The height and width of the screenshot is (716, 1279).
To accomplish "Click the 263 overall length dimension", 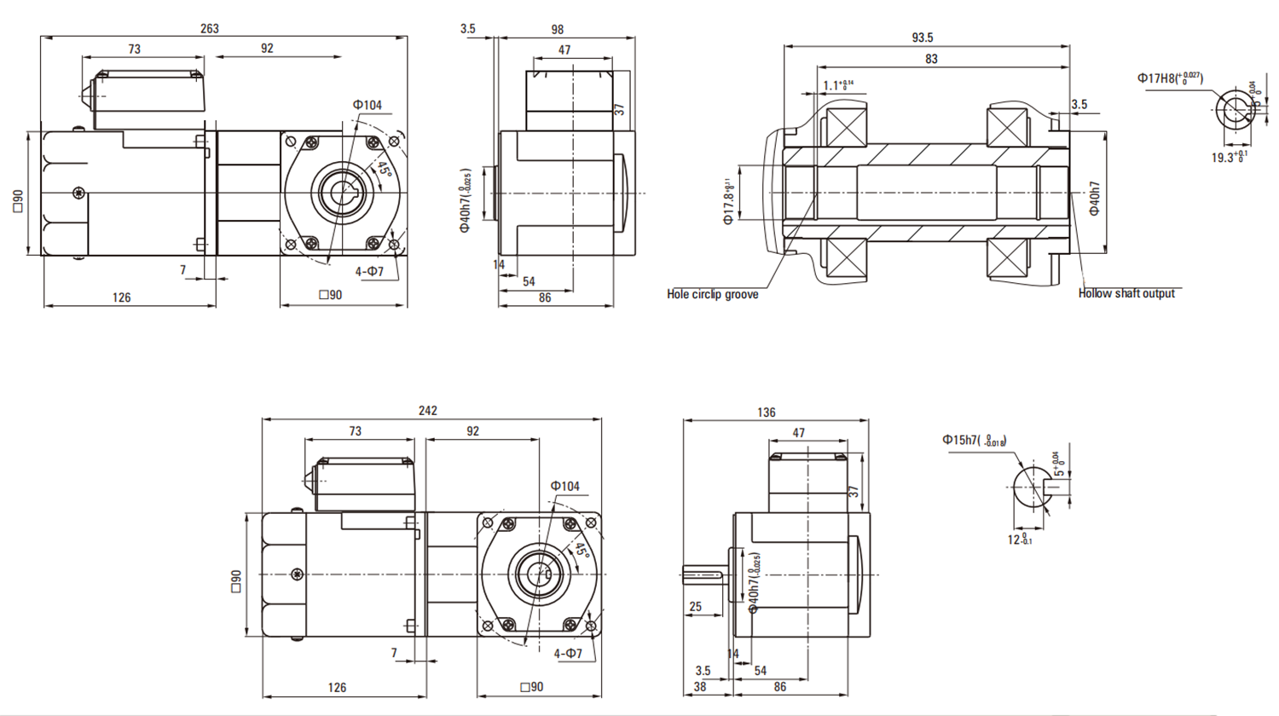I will pos(210,28).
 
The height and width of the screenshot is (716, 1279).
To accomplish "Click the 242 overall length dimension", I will pos(427,410).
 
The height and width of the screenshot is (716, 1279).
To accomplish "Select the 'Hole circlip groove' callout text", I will pos(712,294).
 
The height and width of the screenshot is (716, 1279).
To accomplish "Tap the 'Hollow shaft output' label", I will pos(1126,293).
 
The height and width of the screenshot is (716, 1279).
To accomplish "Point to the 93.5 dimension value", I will pos(922,38).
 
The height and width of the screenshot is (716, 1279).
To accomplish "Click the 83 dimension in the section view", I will pos(931,59).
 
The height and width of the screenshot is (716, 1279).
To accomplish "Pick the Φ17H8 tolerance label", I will pos(1169,78).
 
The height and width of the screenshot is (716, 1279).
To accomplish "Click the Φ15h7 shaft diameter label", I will pos(974,440).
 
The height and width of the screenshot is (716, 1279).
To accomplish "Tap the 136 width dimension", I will pos(767,413).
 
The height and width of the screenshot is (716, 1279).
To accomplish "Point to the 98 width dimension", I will pos(557,30).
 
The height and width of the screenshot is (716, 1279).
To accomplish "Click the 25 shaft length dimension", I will pos(695,606).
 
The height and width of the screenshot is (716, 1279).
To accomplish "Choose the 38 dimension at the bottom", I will pos(700,686).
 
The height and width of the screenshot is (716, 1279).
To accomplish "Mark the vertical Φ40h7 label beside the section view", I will pos(1095,198).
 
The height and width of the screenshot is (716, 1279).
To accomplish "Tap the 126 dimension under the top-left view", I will pos(122,297).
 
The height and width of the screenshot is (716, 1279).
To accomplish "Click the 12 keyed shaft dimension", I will pos(1020,540).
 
